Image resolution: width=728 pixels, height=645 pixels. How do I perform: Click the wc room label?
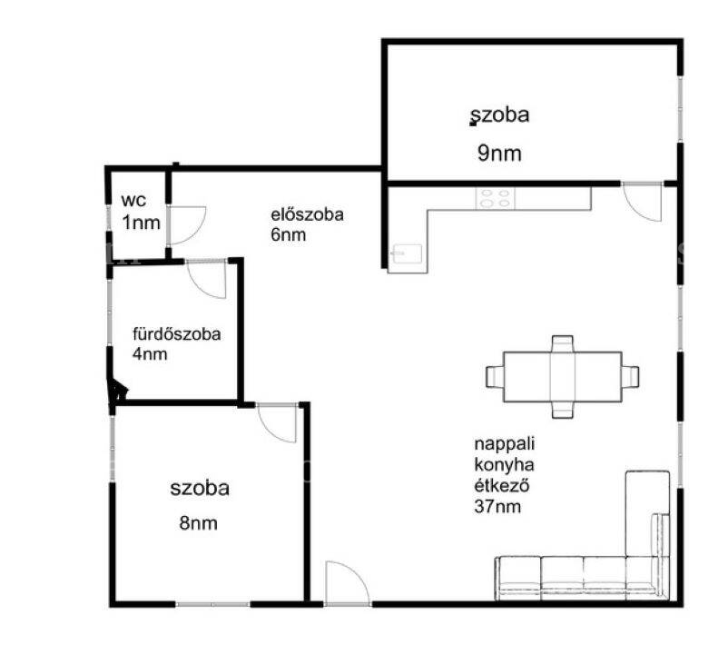tap(133, 201)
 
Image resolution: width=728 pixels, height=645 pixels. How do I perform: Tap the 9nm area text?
tap(499, 153)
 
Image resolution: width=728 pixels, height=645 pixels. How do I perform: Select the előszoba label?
tap(308, 214)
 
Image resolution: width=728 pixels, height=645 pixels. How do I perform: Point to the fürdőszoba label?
tap(176, 334)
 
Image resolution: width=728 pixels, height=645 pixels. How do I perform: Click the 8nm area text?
tap(198, 523)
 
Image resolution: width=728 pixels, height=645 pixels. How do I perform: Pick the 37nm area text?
tap(497, 506)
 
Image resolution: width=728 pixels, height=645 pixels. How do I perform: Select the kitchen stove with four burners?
tap(496, 198)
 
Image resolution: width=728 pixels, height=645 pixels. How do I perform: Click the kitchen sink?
tap(407, 254)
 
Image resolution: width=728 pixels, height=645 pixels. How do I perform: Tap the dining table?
tap(562, 377)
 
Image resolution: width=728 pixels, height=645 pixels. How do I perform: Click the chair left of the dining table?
tap(495, 376)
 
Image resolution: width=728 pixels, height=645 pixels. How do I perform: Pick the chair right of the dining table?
tap(631, 376)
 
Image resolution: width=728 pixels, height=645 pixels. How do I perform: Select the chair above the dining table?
tap(562, 344)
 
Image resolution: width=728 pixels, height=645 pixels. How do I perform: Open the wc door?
tap(186, 225)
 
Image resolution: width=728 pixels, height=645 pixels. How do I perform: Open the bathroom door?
tap(206, 279)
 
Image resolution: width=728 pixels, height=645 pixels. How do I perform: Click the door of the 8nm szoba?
tap(277, 422)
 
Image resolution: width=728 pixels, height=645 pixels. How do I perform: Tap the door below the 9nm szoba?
tap(642, 203)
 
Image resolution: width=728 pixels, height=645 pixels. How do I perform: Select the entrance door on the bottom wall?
tap(348, 583)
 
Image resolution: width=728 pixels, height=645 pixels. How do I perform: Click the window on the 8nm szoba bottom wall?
tap(212, 604)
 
